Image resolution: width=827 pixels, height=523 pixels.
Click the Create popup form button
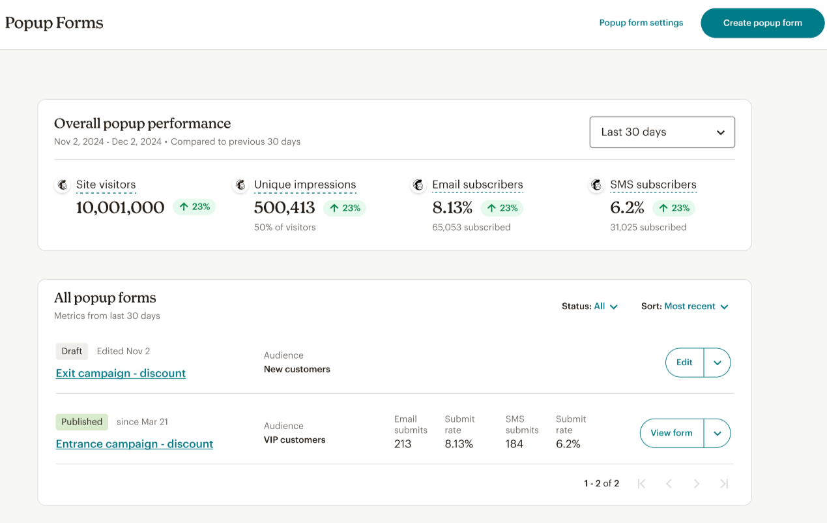point(762,23)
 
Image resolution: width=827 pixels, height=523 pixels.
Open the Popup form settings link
point(641,23)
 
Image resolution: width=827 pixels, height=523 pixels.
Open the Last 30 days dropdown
point(661,132)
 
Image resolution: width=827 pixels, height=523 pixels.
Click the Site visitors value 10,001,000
point(120,208)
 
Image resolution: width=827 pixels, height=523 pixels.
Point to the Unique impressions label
point(305,185)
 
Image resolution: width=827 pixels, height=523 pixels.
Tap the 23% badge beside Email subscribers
point(502,208)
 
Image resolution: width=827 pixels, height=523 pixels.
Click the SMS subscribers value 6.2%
point(627,208)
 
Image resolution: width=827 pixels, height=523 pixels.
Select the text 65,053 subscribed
point(471,228)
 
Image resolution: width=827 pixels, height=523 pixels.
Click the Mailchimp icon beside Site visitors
point(63,185)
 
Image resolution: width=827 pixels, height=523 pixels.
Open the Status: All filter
point(590,306)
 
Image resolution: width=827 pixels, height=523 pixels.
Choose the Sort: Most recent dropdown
point(685,306)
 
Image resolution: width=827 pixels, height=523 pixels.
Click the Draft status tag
point(72,351)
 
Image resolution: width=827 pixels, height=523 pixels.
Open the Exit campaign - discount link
point(121,373)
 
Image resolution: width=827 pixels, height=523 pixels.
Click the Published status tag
point(81,422)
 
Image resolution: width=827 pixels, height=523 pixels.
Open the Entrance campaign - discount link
point(134,444)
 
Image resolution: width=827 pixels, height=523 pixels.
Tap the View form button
point(671,433)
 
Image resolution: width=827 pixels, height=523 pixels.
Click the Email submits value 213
point(403,444)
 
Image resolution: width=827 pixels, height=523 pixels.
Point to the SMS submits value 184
point(514,444)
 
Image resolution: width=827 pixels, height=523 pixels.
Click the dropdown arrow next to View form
point(718,433)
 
